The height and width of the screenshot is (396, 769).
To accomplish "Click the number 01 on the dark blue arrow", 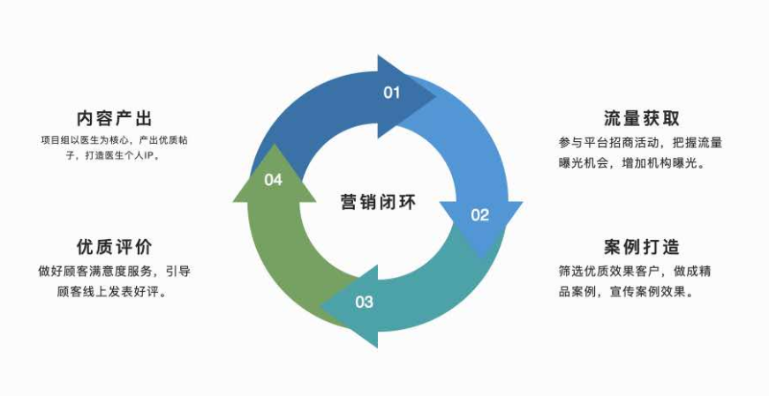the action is click(391, 93).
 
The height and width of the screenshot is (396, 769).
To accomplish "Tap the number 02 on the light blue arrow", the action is click(479, 214).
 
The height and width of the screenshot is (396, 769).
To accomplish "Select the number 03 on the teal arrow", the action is click(365, 303).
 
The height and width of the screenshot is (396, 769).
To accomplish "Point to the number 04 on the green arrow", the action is click(273, 180).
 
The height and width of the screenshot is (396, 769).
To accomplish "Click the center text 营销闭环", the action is click(377, 201).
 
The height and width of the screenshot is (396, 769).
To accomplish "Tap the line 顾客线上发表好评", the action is click(112, 291).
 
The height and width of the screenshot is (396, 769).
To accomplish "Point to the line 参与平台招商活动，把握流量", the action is click(640, 142).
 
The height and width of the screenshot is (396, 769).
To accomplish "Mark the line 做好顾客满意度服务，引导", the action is click(114, 271).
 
